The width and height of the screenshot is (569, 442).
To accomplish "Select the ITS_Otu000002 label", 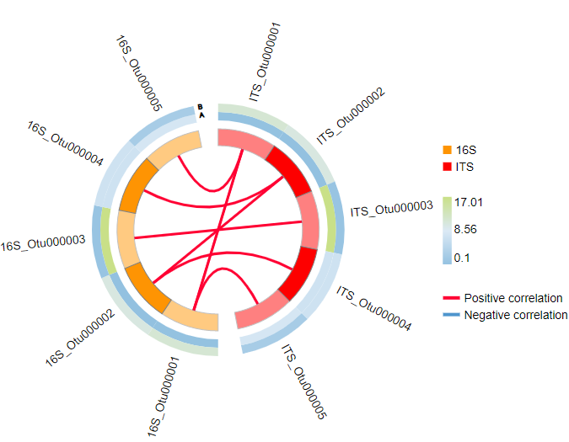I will pos(351,115).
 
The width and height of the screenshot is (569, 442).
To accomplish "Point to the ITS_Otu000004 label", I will pos(373,309).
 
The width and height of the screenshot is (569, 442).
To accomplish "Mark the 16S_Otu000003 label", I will pos(43,244).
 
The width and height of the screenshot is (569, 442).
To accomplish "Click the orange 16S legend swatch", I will pos(447,150).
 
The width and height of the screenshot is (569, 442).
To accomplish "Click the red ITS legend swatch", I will pos(447,167).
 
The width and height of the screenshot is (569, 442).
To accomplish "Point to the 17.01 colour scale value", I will pos(469,202).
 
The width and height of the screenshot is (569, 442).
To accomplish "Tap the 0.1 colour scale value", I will pos(462,258).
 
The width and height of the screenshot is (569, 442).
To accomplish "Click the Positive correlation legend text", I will pos(513,298).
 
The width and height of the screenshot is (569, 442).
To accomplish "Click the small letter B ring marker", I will pos(201,107).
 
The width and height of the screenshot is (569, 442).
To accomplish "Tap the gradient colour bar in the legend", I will pos(448,230).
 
